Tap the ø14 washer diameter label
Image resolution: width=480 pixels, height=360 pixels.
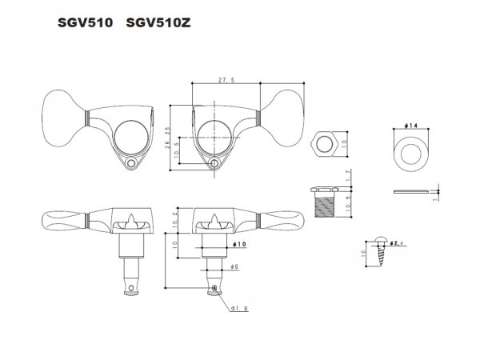click(406, 126)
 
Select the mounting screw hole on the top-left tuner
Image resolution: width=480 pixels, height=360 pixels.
click(131, 164)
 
